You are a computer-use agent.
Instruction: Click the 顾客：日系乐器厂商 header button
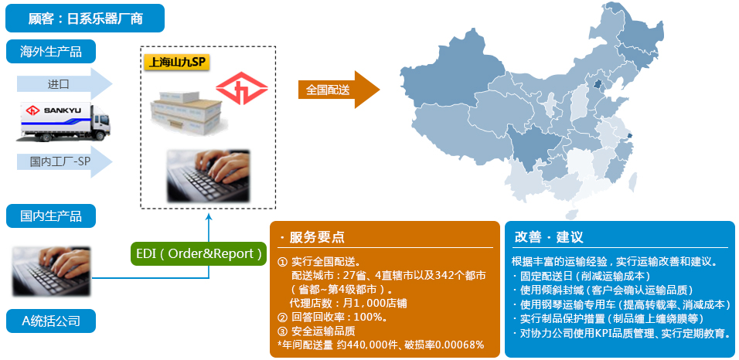pyautogui.click(x=85, y=19)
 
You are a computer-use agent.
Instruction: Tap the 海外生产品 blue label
pyautogui.click(x=51, y=51)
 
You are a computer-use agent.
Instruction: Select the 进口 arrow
pyautogui.click(x=65, y=84)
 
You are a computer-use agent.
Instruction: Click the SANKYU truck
pyautogui.click(x=63, y=122)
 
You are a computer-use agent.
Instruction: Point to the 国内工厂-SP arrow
pyautogui.click(x=65, y=161)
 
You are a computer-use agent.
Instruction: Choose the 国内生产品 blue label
pyautogui.click(x=51, y=216)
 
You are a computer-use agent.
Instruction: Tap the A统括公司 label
pyautogui.click(x=51, y=321)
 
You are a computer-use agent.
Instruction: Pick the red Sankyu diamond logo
pyautogui.click(x=242, y=88)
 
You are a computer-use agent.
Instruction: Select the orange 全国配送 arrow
pyautogui.click(x=339, y=90)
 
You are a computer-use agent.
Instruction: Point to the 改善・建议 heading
pyautogui.click(x=549, y=236)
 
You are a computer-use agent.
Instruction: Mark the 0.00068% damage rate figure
pyautogui.click(x=458, y=345)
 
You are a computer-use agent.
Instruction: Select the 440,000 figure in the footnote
pyautogui.click(x=371, y=345)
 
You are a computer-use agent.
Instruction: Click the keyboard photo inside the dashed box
pyautogui.click(x=208, y=175)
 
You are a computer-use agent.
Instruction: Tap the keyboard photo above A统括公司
pyautogui.click(x=51, y=271)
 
